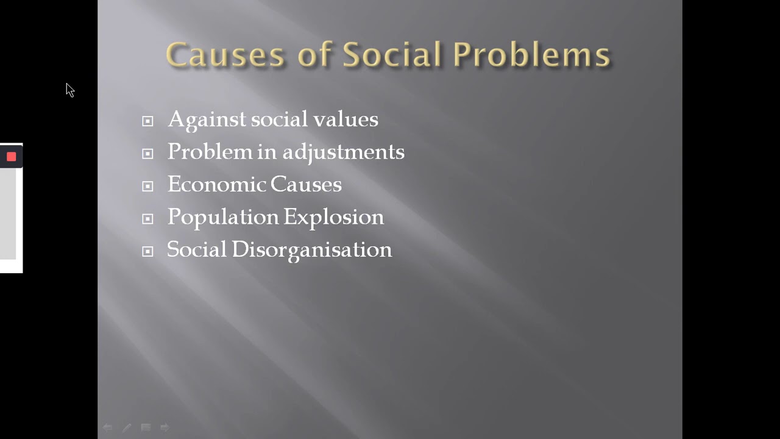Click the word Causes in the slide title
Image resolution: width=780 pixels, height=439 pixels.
tap(225, 55)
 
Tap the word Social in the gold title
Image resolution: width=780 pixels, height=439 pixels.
tap(391, 55)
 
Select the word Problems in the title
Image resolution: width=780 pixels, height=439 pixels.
tap(531, 55)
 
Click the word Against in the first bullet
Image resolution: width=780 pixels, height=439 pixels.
tap(207, 120)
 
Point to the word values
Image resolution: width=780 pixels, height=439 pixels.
tap(346, 120)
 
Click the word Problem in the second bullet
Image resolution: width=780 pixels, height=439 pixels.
tap(210, 152)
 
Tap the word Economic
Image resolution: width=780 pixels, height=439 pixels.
tap(216, 185)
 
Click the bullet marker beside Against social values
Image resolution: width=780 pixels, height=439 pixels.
tap(147, 121)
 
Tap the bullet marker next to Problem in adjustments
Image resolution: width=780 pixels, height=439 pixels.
tap(147, 154)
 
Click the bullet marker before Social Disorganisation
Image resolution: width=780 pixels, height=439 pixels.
tap(147, 251)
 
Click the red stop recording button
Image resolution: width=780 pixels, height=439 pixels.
tap(11, 157)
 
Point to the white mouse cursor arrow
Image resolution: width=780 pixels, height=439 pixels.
tap(69, 90)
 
